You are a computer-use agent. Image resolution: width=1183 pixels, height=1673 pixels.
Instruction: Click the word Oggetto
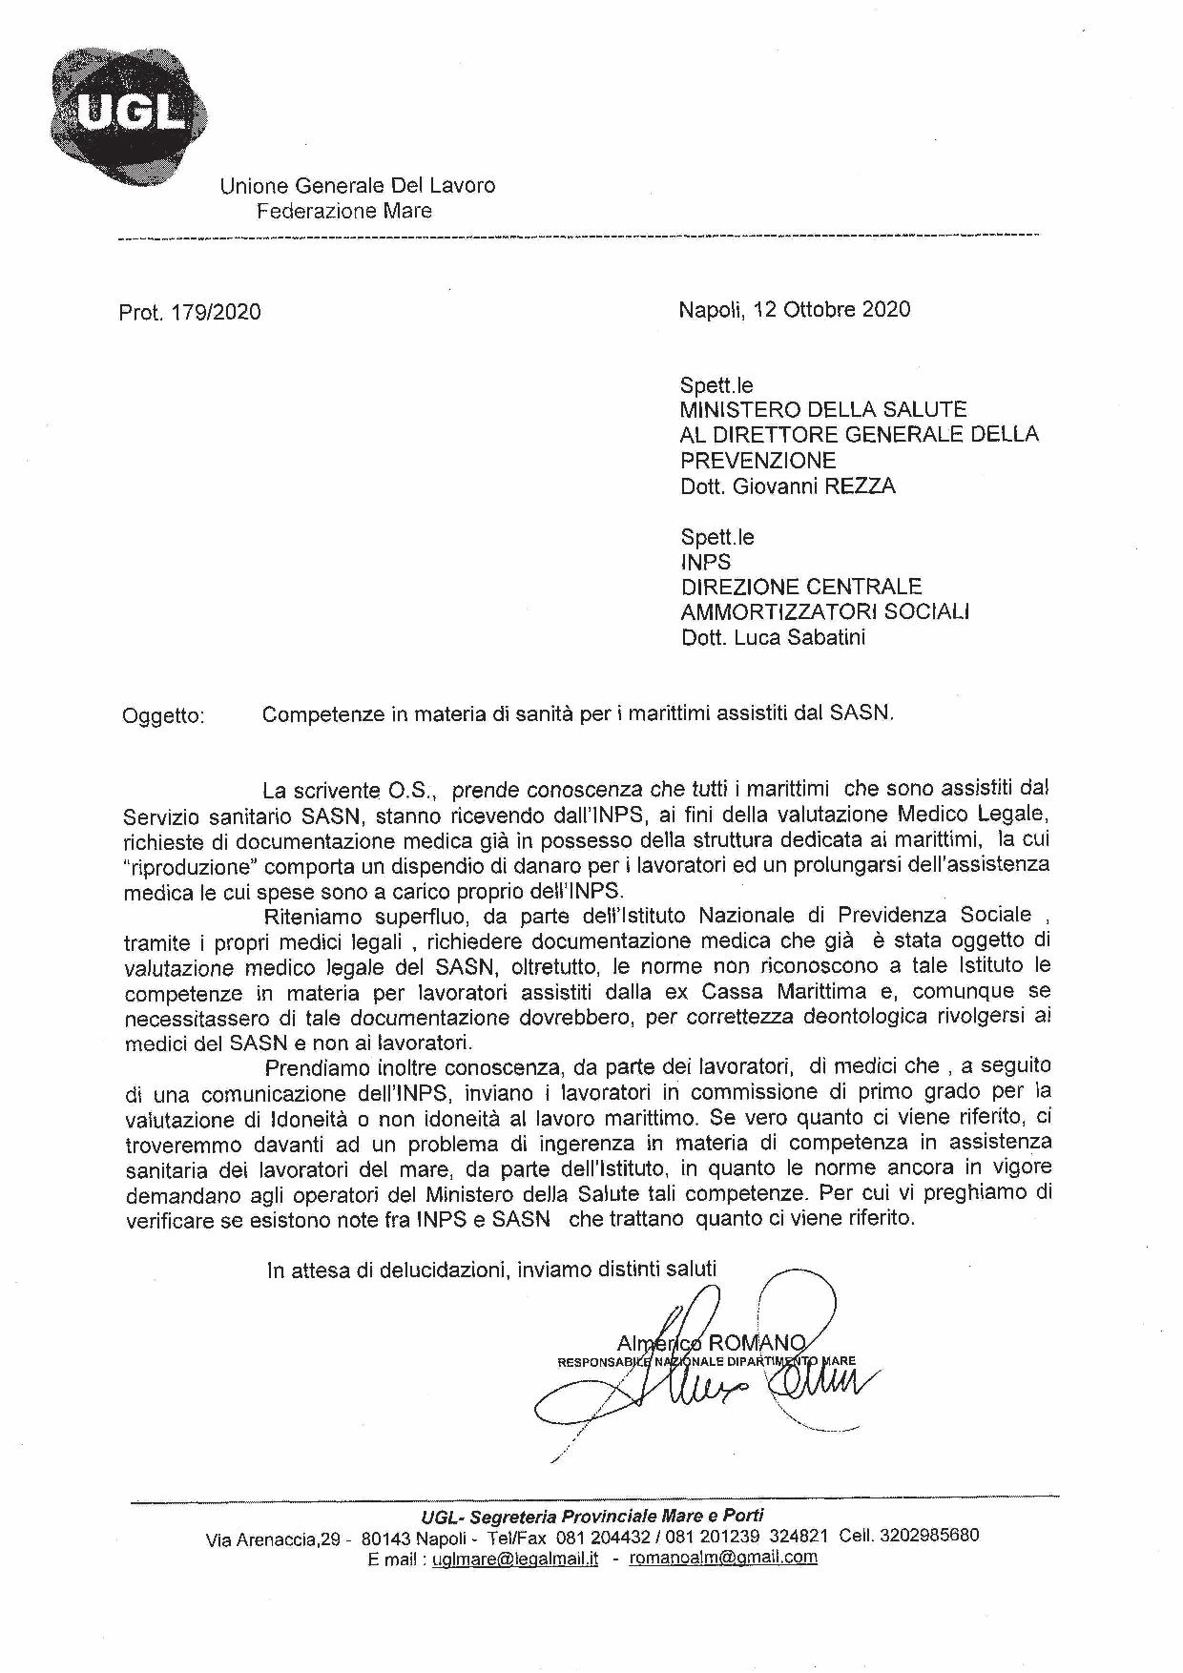click(x=163, y=715)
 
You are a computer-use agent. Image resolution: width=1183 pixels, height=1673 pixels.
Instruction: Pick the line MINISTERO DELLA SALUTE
click(x=823, y=410)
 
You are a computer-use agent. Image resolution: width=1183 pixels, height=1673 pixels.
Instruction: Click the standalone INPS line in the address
click(x=706, y=562)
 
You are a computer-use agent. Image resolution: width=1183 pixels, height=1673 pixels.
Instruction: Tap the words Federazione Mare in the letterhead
click(x=343, y=211)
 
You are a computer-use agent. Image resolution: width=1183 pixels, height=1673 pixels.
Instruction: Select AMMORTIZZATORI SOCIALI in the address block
click(x=825, y=611)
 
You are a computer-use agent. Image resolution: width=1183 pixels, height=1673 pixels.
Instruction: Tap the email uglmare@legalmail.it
click(x=514, y=1559)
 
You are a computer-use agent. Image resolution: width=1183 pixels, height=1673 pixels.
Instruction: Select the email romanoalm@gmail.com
click(x=723, y=1558)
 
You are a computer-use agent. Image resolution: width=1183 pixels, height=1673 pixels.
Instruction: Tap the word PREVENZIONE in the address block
click(x=758, y=461)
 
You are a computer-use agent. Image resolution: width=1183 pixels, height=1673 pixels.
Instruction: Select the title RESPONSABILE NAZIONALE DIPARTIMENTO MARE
click(x=706, y=1361)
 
